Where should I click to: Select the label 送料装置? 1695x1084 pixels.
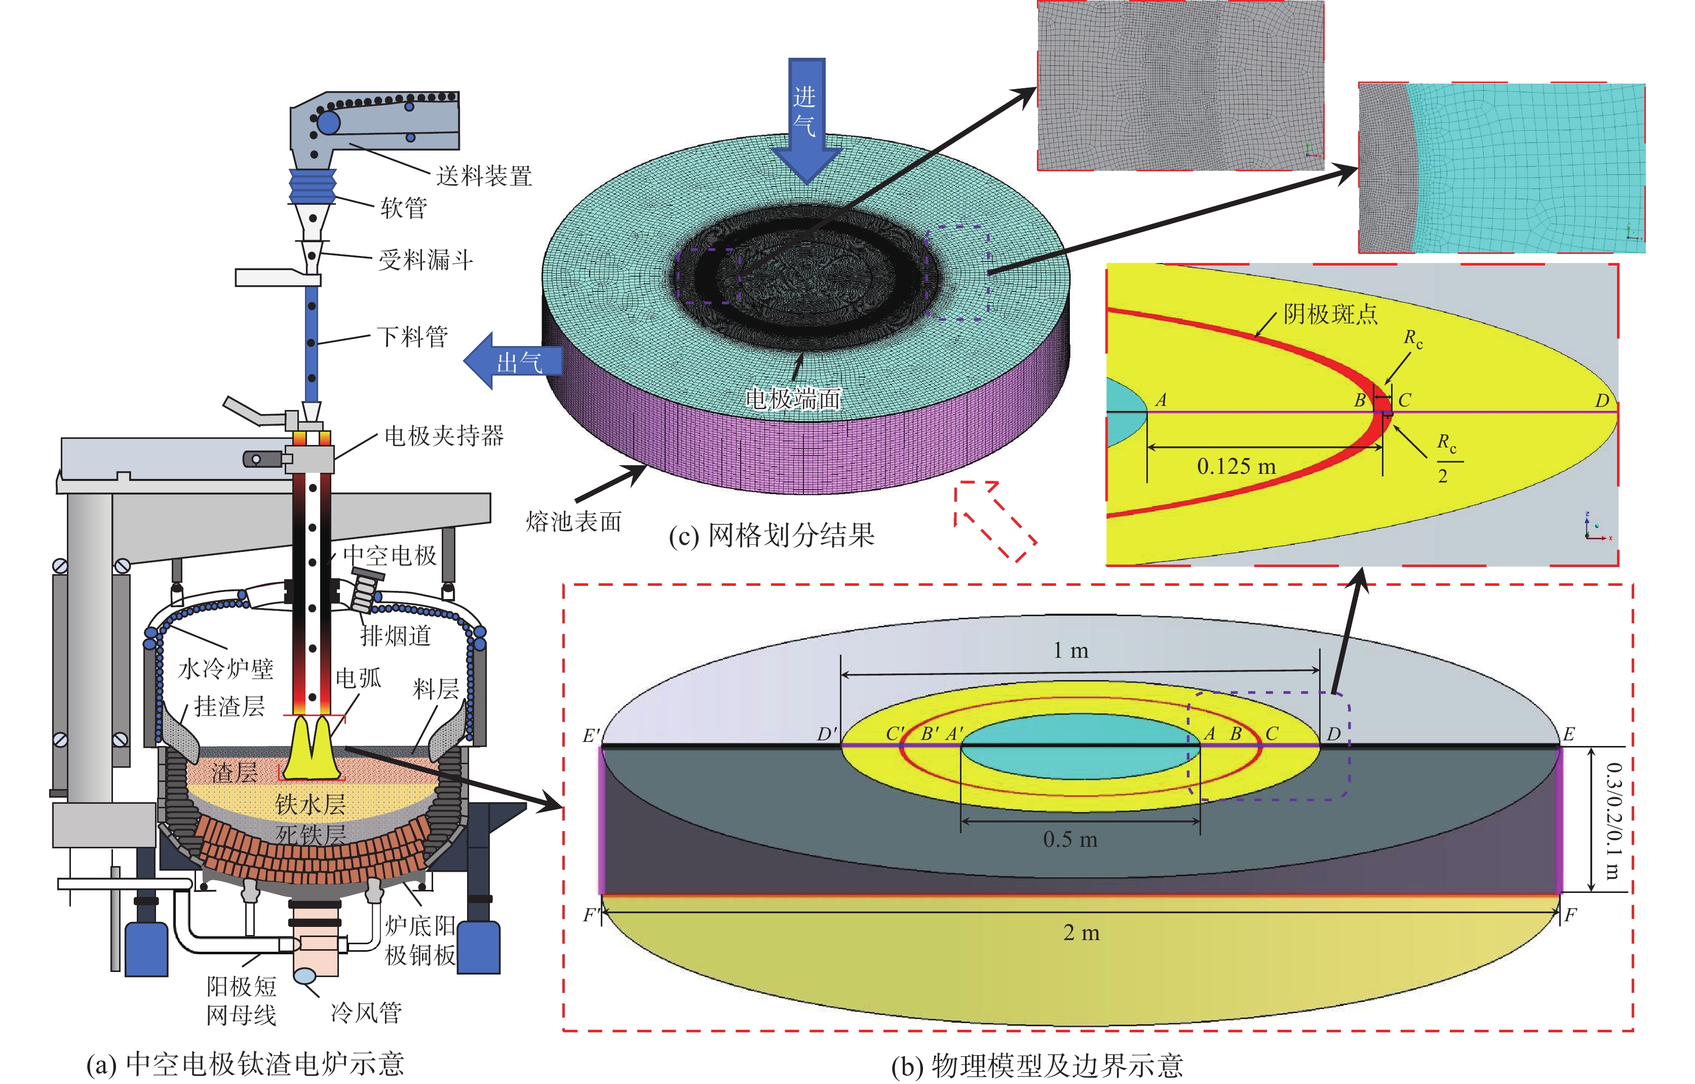[484, 175]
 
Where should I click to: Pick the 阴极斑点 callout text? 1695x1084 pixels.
[1330, 313]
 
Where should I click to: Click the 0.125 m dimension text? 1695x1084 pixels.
[1236, 466]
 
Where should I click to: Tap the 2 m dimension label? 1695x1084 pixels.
[1081, 932]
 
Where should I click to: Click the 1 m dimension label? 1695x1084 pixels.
[1070, 651]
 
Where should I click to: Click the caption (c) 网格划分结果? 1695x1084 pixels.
[771, 535]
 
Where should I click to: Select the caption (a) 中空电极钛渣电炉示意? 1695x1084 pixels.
[245, 1064]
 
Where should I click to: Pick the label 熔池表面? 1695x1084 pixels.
[573, 521]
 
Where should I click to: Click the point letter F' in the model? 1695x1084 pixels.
[590, 915]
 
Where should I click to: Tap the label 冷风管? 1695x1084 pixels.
[366, 1012]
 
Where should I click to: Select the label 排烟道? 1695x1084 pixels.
[395, 636]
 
